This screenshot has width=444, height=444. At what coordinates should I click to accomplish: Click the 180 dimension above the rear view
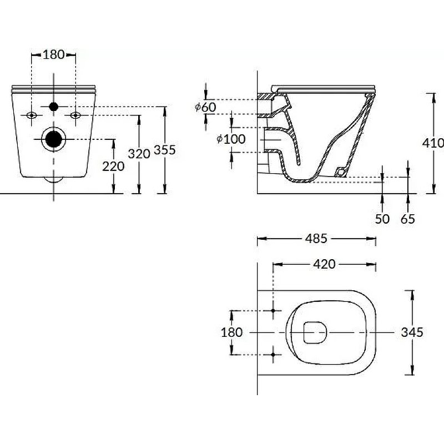[x=54, y=54]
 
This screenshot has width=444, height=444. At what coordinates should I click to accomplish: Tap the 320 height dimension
[x=139, y=154]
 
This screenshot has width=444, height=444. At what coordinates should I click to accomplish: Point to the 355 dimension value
[x=165, y=150]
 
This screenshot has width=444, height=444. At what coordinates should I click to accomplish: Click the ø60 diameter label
[x=205, y=107]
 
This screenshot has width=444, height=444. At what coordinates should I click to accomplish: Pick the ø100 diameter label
[x=230, y=139]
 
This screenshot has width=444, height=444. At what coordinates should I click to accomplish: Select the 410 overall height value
[x=433, y=143]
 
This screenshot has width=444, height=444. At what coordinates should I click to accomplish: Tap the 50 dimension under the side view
[x=382, y=219]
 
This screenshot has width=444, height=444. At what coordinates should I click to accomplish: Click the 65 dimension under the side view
[x=408, y=219]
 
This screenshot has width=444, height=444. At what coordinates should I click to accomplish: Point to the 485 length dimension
[x=316, y=239]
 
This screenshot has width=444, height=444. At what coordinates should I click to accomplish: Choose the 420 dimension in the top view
[x=324, y=264]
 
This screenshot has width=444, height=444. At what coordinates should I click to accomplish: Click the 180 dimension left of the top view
[x=231, y=332]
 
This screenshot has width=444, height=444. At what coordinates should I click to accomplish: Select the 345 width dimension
[x=412, y=332]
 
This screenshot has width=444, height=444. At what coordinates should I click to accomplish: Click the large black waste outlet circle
[x=54, y=139]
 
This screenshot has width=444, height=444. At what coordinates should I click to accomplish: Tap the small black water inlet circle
[x=54, y=107]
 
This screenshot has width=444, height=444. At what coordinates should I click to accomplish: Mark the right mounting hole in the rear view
[x=75, y=115]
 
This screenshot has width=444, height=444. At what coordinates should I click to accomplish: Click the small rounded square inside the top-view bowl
[x=316, y=332]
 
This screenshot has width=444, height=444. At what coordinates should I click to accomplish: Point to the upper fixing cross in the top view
[x=274, y=310]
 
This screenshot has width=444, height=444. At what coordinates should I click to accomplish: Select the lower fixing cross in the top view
[x=274, y=354]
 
